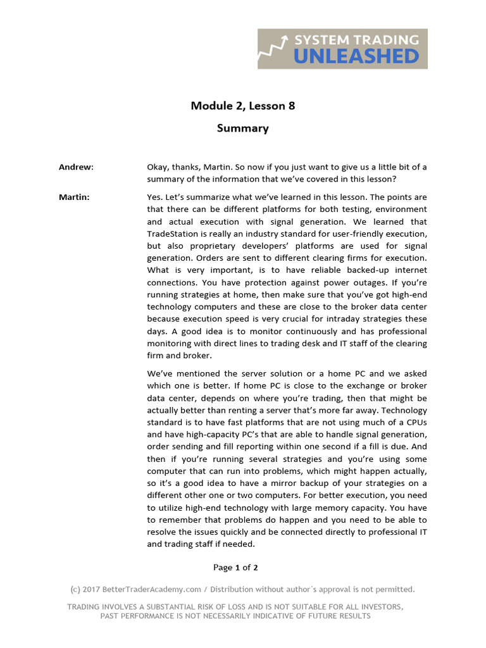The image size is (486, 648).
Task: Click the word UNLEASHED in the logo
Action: [357, 56]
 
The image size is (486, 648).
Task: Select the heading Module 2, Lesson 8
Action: [243, 106]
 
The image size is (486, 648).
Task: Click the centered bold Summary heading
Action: [243, 128]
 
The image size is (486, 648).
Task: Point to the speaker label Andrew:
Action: [76, 167]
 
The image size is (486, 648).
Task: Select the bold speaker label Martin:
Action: [74, 197]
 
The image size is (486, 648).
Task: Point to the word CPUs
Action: [413, 422]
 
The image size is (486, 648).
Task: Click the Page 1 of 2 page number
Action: [235, 568]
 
